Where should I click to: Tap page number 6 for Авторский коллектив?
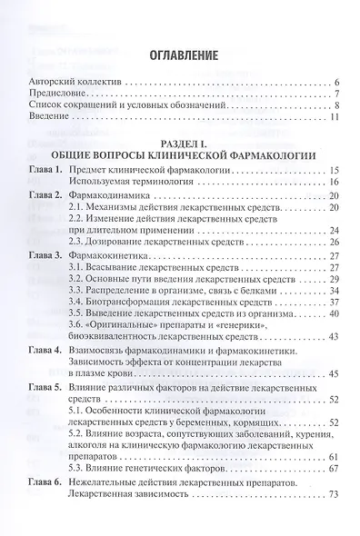pyautogui.click(x=337, y=82)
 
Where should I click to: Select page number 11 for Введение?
pyautogui.click(x=335, y=117)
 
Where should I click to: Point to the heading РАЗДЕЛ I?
pyautogui.click(x=181, y=141)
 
